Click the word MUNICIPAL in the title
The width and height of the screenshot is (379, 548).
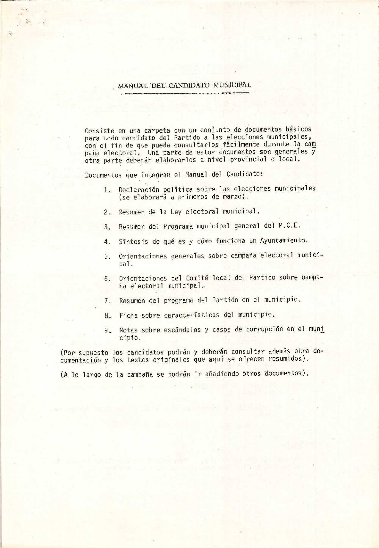[x=232, y=85]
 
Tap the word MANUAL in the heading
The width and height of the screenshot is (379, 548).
[x=132, y=86]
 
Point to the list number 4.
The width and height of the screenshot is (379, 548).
[x=107, y=242]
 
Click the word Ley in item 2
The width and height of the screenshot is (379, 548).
[x=176, y=212]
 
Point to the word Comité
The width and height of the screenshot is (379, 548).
[x=197, y=278]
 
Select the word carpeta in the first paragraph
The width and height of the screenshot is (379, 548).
[x=157, y=131]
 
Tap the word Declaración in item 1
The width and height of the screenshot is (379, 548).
[x=139, y=189]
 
